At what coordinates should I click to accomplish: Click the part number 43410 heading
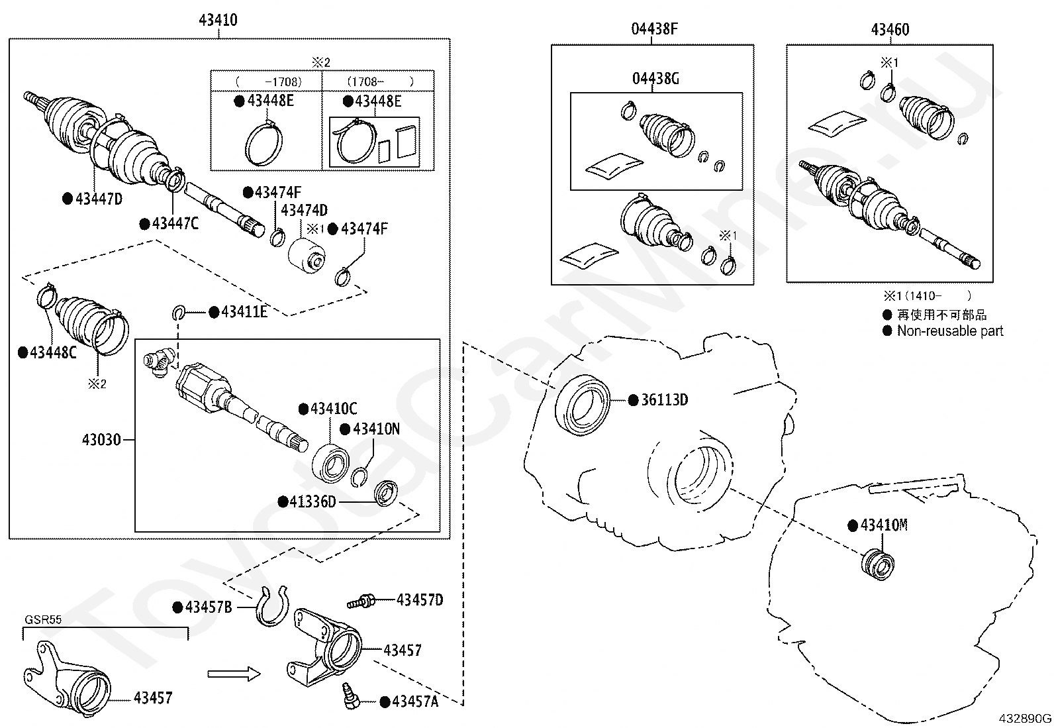click(x=218, y=20)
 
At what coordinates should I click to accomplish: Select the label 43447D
click(x=99, y=199)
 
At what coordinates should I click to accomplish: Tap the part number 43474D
click(x=304, y=210)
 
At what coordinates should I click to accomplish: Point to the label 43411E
click(x=244, y=312)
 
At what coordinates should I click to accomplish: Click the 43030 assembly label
click(x=102, y=440)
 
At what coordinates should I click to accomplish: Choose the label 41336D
click(x=312, y=502)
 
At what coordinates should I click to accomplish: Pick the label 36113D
click(x=665, y=400)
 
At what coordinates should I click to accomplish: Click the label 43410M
click(x=884, y=525)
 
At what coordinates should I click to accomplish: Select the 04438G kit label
click(x=655, y=79)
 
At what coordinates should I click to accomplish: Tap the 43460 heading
click(x=890, y=30)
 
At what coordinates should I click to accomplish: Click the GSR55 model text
click(x=43, y=620)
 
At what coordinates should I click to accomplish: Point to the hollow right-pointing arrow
click(x=234, y=674)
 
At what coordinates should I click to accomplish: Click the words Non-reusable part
click(x=950, y=331)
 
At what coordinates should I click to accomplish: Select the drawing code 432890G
click(x=1025, y=719)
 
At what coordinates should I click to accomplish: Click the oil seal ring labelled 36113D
click(x=582, y=405)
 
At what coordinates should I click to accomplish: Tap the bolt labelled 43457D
click(x=361, y=601)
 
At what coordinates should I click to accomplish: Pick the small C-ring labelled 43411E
click(x=179, y=312)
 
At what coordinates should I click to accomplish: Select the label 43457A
click(x=414, y=702)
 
